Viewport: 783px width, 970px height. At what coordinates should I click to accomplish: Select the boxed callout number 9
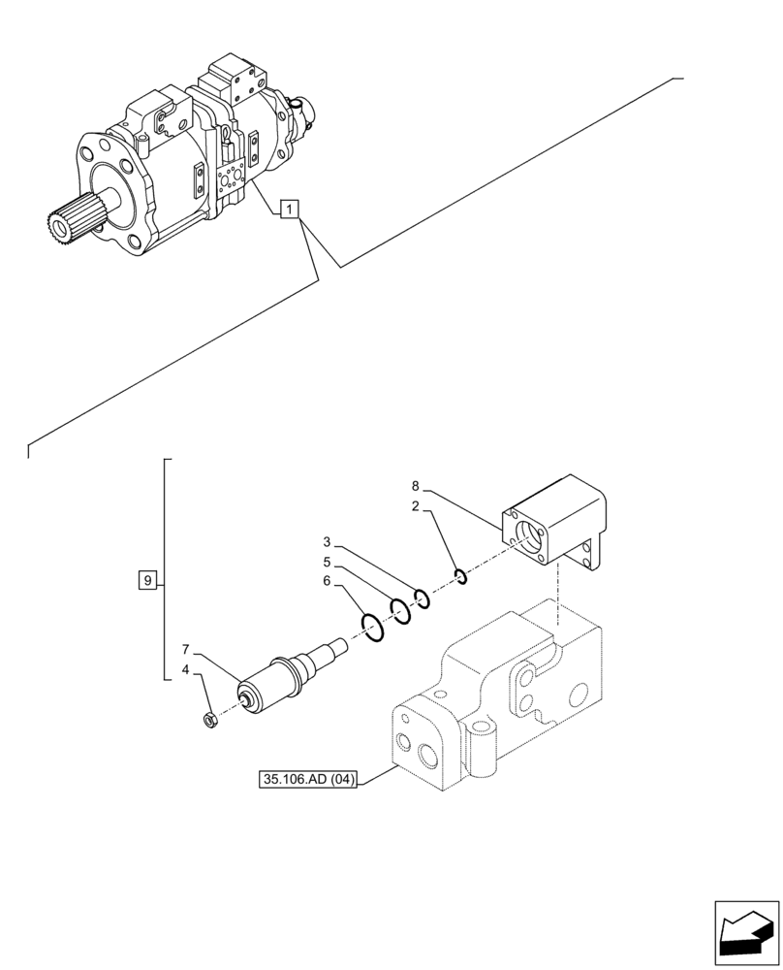tap(146, 581)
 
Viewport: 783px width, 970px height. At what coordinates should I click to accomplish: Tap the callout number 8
tap(415, 485)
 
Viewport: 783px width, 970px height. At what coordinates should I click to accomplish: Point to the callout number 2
tap(415, 506)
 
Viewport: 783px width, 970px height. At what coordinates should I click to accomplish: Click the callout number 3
tap(328, 541)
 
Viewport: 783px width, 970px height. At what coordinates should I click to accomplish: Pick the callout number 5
tap(328, 562)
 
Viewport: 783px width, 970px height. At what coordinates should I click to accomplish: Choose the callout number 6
tap(328, 581)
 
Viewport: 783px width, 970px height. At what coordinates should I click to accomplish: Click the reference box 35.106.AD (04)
tap(309, 778)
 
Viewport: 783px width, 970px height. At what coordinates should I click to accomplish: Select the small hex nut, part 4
tap(209, 719)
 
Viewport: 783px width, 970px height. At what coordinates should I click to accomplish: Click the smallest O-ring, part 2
tap(461, 578)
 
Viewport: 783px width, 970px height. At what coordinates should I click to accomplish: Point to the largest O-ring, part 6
tap(374, 628)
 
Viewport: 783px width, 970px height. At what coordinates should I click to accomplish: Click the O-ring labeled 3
tap(422, 598)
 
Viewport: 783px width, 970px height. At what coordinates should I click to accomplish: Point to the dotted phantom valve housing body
tap(494, 698)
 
